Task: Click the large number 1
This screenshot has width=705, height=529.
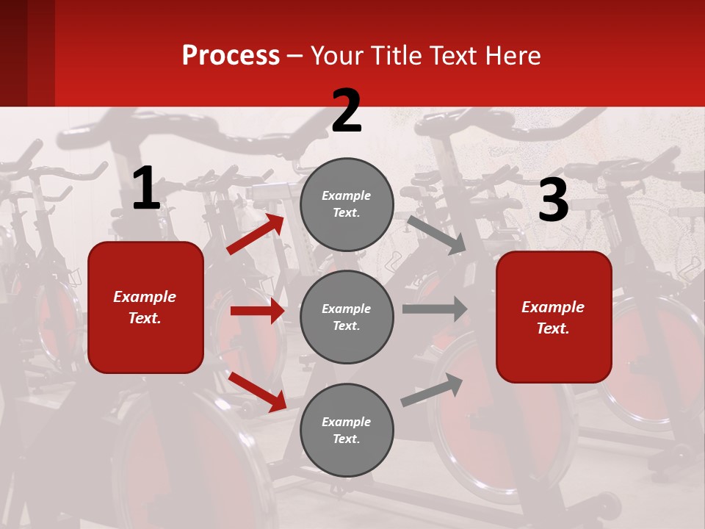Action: [x=146, y=189]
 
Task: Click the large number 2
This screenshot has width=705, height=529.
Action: [x=347, y=111]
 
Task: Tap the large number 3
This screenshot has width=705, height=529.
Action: [x=553, y=201]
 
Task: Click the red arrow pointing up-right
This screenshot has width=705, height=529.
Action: [x=256, y=234]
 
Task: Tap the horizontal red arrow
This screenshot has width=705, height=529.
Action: [x=257, y=311]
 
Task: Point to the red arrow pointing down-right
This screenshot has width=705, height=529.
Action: [x=257, y=392]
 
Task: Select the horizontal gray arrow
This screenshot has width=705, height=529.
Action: [x=435, y=309]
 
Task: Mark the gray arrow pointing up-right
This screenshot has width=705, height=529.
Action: [x=433, y=389]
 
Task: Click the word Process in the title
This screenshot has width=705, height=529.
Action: [x=231, y=55]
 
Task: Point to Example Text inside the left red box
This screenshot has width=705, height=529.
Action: [x=145, y=307]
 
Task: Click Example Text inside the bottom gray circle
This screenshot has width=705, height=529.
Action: [x=347, y=430]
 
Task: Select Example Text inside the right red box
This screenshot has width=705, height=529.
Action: [x=553, y=317]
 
